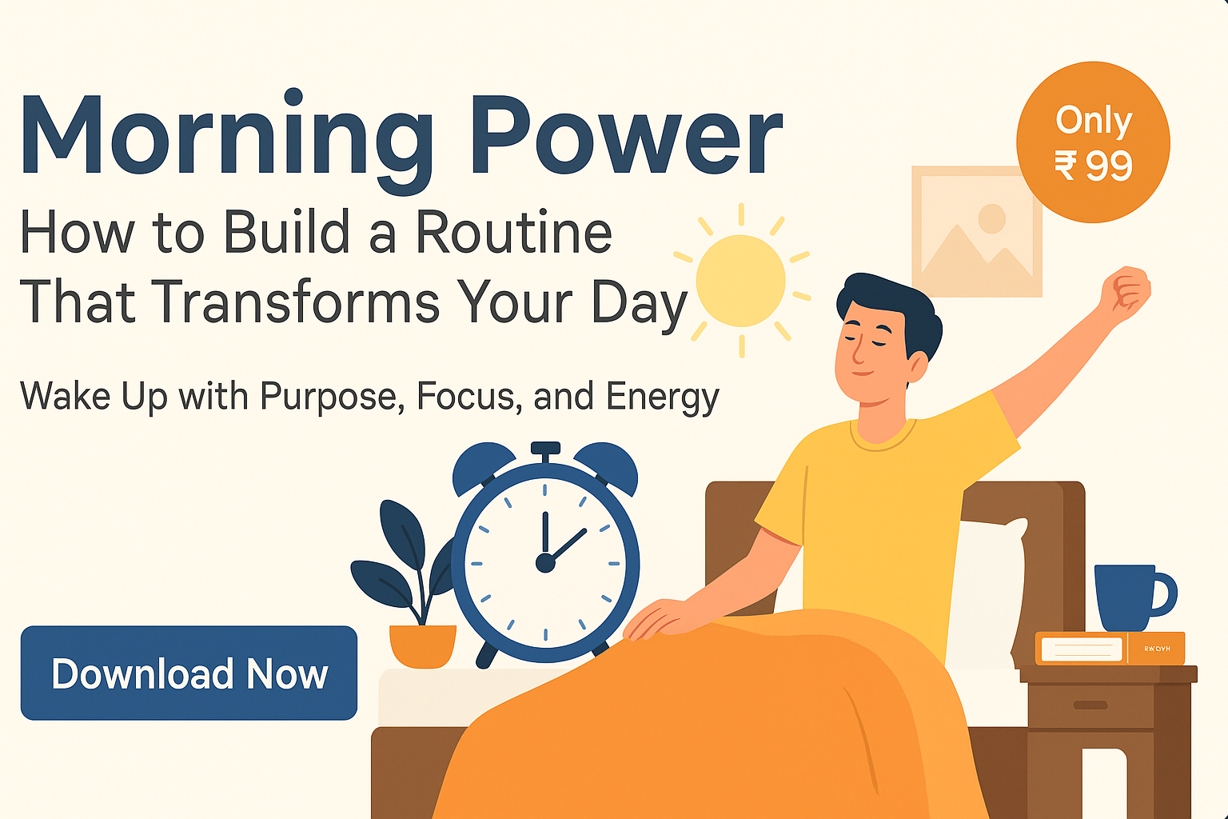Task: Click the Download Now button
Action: pyautogui.click(x=189, y=673)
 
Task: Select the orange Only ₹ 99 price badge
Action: pyautogui.click(x=1093, y=142)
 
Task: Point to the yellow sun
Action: pyautogui.click(x=740, y=280)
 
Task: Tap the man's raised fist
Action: pyautogui.click(x=1126, y=293)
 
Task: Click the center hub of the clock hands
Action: pyautogui.click(x=545, y=563)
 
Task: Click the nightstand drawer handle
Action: pyautogui.click(x=1090, y=705)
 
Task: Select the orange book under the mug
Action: pyautogui.click(x=1110, y=649)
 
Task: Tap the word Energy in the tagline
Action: pyautogui.click(x=663, y=398)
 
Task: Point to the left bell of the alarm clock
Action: pyautogui.click(x=481, y=467)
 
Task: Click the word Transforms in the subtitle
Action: pyautogui.click(x=295, y=303)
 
